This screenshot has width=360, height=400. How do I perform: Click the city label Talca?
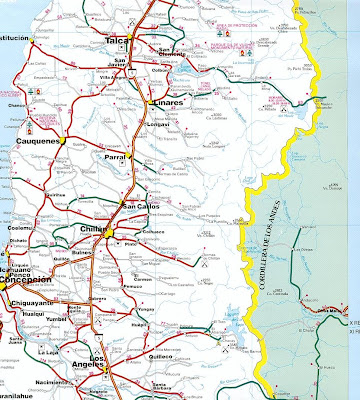pos(145,41)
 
